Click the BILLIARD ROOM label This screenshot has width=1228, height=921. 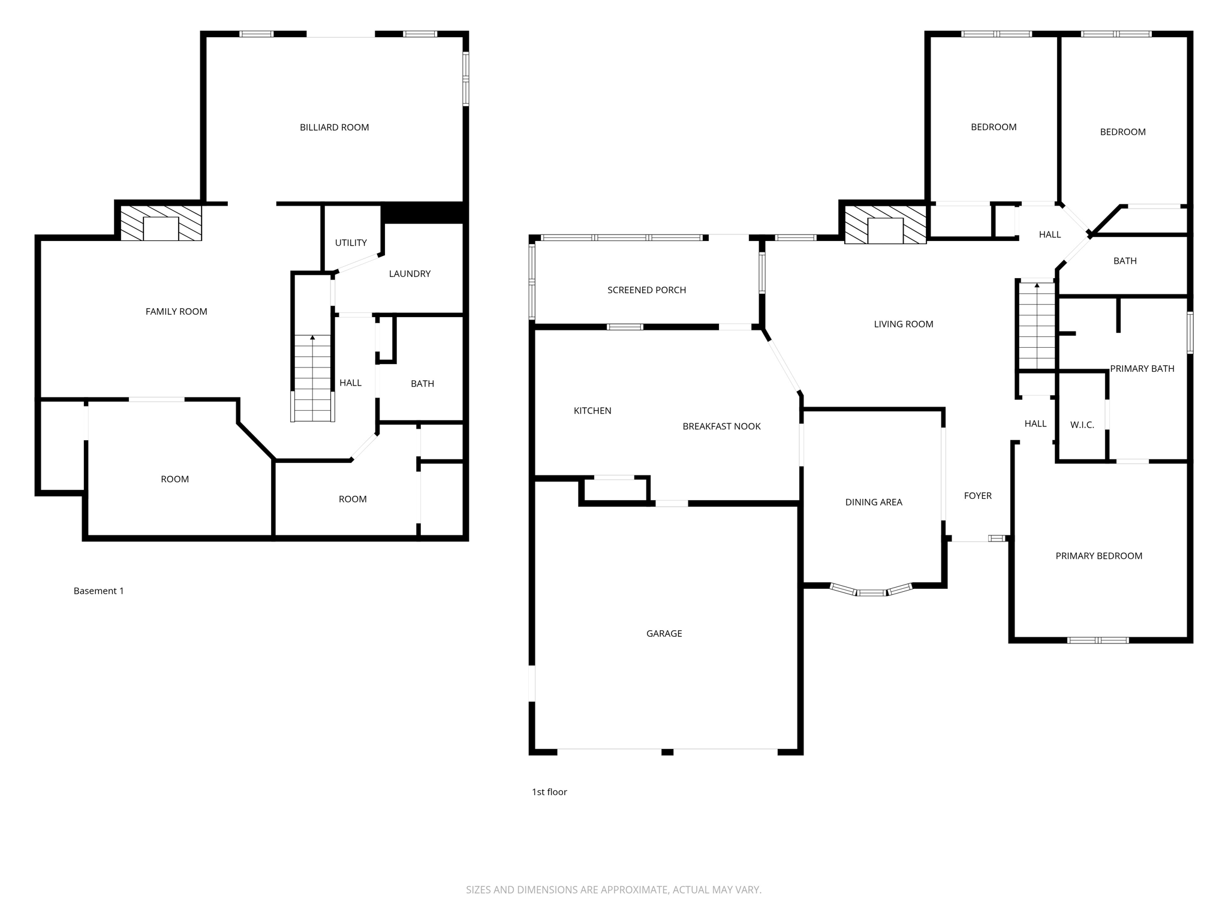334,127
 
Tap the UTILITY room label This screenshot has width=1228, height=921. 351,243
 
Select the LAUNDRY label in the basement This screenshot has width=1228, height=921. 410,274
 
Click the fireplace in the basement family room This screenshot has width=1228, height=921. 161,223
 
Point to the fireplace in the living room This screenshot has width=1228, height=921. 885,225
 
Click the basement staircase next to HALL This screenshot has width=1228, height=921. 312,378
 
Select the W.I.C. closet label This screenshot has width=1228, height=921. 1082,425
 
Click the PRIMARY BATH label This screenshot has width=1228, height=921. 1142,369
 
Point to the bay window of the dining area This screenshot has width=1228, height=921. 871,591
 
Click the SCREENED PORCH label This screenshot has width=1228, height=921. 646,290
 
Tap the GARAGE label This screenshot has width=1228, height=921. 664,634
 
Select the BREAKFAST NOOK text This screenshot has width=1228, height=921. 721,426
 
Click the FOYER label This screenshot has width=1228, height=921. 977,496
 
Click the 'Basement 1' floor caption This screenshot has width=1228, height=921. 98,591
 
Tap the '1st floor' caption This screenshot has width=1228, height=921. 549,792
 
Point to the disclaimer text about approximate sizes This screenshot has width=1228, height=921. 613,890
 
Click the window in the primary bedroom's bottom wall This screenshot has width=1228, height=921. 1098,640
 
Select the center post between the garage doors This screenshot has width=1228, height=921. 667,752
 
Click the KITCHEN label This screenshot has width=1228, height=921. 592,411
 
